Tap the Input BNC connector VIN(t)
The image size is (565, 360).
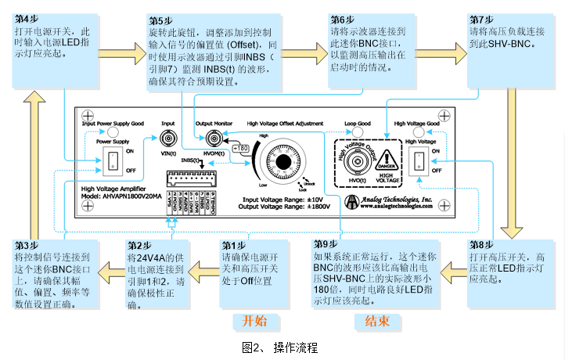(167, 139)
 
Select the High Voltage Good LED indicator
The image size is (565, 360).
(418, 133)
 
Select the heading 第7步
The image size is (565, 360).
(481, 19)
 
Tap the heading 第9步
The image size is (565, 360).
(325, 243)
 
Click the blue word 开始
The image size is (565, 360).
(255, 321)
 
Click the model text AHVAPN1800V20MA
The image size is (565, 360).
(124, 196)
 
